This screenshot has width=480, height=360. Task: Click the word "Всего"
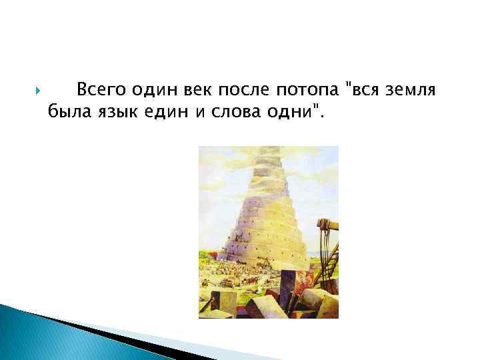[99, 89]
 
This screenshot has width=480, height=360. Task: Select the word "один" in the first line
[153, 89]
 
